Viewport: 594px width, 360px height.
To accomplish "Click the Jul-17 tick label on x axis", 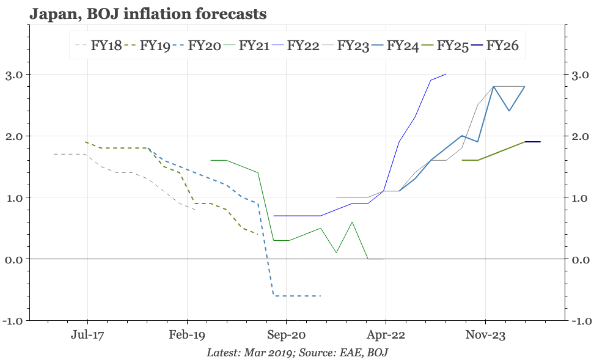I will click(87, 335).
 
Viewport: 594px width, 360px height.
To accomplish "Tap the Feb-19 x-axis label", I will click(187, 335).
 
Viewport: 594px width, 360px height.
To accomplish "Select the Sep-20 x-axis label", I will click(286, 335).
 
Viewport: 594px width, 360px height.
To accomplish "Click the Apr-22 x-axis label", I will click(386, 335).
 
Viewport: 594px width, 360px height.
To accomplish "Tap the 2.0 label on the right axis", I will click(580, 136).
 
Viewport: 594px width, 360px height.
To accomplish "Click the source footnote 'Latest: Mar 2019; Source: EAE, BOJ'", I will click(297, 353).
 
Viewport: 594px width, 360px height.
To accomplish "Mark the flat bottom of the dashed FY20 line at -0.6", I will click(297, 296).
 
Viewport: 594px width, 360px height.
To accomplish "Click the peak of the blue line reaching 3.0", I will click(446, 74).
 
